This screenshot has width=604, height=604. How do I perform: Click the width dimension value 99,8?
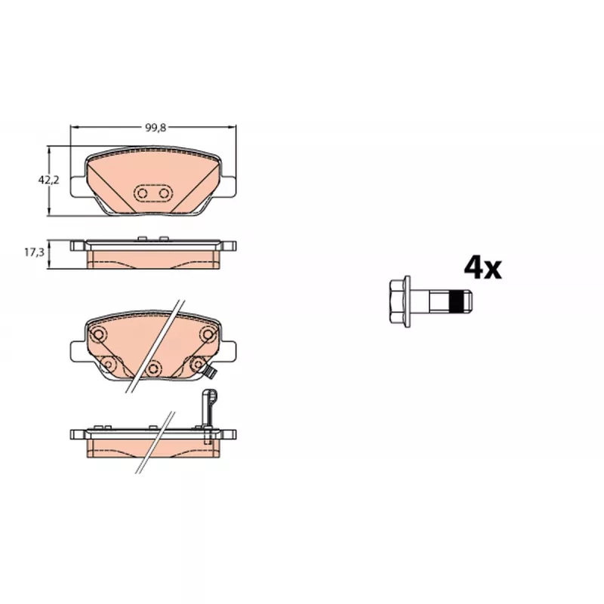tap(156, 128)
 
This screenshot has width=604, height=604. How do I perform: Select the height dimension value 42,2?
tap(48, 180)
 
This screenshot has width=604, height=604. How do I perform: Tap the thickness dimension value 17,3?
tap(34, 252)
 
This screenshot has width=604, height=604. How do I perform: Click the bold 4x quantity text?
tap(482, 268)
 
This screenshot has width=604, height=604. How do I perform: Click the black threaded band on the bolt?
tap(456, 301)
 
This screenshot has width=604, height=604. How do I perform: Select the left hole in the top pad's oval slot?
tap(143, 193)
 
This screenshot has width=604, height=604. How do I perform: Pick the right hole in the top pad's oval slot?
tap(164, 193)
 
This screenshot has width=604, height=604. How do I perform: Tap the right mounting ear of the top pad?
tap(228, 187)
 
